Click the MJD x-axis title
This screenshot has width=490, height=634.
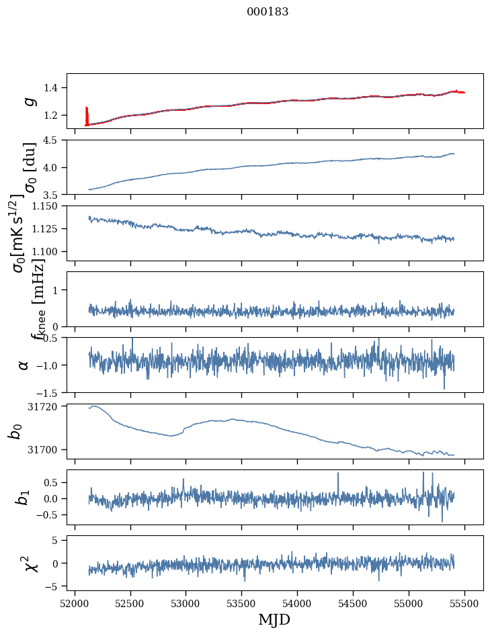(274, 619)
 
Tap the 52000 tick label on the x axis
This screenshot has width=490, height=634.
(75, 604)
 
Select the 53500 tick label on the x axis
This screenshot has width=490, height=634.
(242, 604)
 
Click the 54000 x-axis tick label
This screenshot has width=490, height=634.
(298, 604)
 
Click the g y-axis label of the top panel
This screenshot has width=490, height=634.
(28, 101)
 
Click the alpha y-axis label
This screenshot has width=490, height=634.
(24, 365)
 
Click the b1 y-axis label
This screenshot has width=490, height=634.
(24, 497)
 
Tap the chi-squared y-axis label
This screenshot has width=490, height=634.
(29, 563)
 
